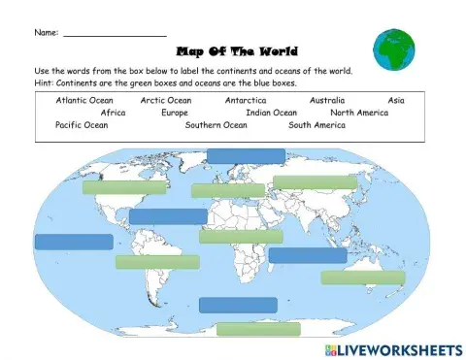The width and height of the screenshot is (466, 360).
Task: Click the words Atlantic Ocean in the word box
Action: coord(84,100)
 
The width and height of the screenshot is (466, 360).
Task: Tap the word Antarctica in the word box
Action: coord(246,100)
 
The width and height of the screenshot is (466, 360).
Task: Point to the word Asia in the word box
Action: coord(396,100)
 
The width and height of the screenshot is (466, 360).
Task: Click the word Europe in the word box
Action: coord(175,113)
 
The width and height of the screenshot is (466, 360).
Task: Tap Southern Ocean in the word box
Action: coord(216,125)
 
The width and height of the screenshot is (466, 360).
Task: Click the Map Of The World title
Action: coord(236,51)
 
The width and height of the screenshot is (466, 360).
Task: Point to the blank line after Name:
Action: coord(114,34)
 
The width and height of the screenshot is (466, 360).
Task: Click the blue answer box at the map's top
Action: coord(246,155)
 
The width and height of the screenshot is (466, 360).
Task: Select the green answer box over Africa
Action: coord(241,236)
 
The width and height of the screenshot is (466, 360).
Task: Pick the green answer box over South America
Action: coord(157,262)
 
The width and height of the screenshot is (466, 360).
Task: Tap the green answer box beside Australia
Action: coord(362,278)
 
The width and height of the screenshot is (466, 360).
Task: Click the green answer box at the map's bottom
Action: coord(258,329)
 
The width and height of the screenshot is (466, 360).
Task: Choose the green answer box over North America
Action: coord(123,187)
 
